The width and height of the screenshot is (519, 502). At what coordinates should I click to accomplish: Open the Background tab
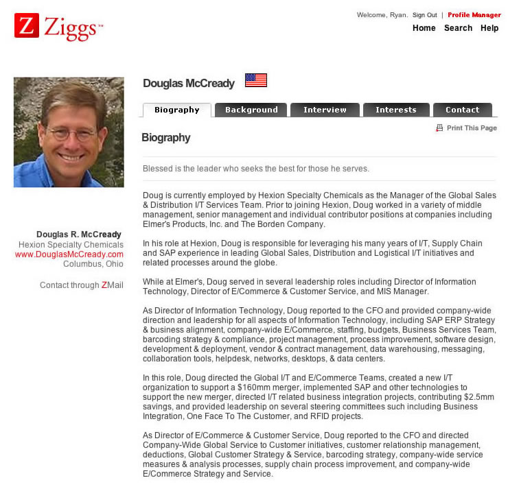251,110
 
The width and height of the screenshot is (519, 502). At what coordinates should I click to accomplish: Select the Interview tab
325,110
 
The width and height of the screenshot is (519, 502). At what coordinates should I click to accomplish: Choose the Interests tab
395,110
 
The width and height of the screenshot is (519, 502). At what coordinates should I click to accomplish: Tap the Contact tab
462,110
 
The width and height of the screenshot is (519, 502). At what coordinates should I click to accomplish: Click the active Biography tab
176,110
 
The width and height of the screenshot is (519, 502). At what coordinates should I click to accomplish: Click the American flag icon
255,80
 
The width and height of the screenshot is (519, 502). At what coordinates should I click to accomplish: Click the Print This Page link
471,128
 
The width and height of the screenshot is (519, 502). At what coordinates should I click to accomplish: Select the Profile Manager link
474,15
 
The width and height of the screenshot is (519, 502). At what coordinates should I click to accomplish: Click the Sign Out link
424,15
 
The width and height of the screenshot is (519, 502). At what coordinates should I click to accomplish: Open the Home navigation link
424,28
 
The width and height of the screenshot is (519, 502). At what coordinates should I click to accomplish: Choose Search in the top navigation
458,28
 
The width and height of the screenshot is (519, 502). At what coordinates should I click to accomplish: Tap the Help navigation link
489,28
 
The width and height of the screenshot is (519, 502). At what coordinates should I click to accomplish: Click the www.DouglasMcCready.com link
69,254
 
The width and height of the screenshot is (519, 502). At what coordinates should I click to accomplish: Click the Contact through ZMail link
82,285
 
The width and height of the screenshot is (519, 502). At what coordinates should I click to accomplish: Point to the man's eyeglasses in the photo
72,133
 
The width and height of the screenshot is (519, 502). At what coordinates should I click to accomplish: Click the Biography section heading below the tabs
165,138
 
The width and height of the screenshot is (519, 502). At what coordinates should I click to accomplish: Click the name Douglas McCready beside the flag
189,84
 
